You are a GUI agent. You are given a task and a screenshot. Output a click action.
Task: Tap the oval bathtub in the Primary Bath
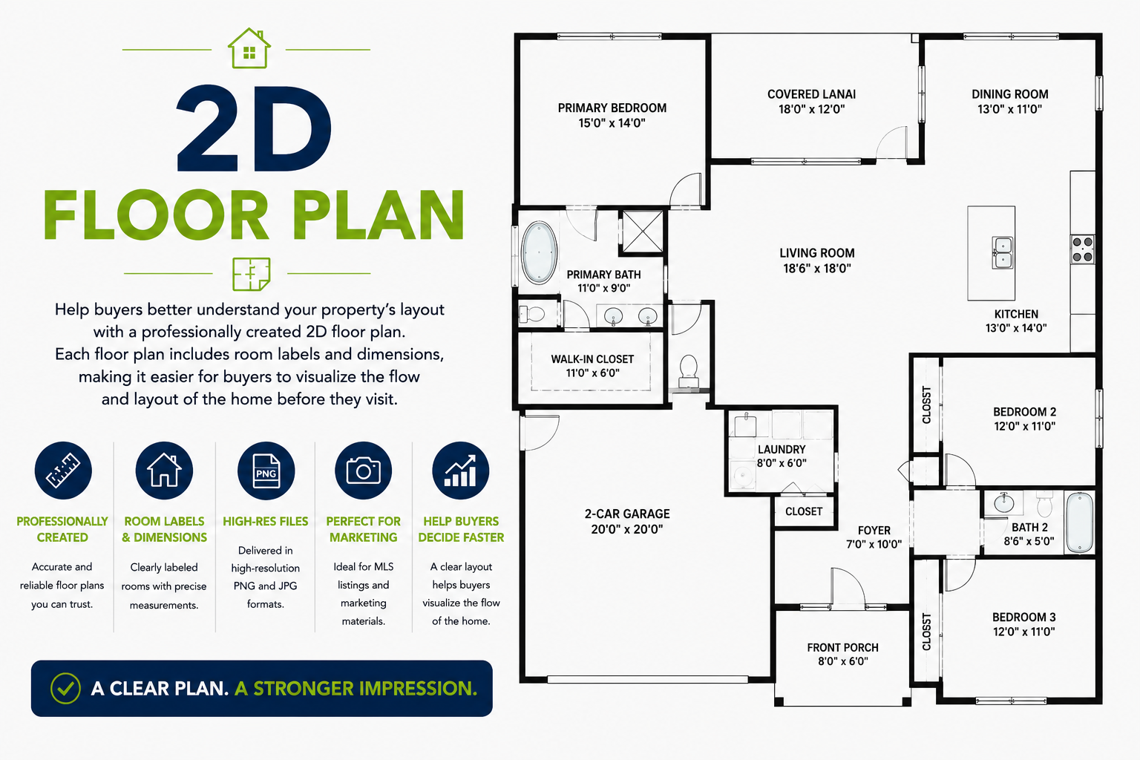point(539,252)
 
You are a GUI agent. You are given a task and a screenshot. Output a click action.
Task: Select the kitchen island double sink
point(1002,252)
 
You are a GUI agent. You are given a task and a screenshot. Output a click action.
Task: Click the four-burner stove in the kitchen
point(1083,249)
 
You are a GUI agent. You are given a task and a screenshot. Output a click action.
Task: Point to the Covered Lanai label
point(811,94)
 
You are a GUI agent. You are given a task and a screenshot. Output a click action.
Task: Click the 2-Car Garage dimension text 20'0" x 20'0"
point(627,529)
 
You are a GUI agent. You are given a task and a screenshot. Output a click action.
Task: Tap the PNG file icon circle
point(266,471)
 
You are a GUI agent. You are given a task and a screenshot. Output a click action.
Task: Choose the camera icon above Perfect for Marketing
point(364,471)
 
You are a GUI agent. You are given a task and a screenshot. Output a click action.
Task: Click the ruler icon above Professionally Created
point(63,471)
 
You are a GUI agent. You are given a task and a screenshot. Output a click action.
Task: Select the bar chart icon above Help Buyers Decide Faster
point(461,471)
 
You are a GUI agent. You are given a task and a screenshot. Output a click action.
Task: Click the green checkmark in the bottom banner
point(65,688)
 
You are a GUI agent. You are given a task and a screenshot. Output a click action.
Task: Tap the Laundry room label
point(782,450)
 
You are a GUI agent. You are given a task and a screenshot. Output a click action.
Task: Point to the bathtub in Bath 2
point(1079,522)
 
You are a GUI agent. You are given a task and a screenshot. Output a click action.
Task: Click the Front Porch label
point(843,647)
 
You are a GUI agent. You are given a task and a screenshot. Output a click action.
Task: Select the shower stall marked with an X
point(643,232)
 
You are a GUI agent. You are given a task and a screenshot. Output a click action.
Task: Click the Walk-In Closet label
point(592,359)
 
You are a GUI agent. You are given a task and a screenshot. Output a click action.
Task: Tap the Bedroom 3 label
point(1024,617)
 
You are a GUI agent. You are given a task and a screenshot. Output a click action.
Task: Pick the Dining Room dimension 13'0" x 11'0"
point(1009,109)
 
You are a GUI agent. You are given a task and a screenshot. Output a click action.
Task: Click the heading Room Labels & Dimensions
point(164,529)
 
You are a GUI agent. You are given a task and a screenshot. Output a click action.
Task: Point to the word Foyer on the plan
point(874,531)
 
